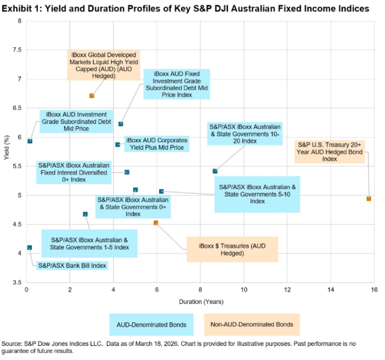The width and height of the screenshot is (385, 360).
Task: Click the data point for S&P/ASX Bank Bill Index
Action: [30, 248]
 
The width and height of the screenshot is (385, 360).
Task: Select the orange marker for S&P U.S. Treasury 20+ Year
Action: [368, 199]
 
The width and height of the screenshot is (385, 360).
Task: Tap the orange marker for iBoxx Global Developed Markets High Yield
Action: [92, 95]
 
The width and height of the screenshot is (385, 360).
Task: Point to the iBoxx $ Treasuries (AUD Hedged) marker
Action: [156, 222]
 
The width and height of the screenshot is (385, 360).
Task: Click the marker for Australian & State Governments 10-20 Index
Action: [215, 171]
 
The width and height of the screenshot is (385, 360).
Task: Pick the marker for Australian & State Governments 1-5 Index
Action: [85, 214]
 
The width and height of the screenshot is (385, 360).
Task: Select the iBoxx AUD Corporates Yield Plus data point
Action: [118, 145]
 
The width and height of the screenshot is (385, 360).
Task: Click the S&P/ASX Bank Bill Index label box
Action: [72, 265]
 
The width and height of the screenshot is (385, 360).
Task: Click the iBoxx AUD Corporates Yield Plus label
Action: [156, 144]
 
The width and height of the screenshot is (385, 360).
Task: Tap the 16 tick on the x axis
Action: [374, 290]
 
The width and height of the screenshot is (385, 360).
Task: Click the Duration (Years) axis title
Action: [201, 302]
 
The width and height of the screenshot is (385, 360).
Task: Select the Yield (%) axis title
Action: [6, 151]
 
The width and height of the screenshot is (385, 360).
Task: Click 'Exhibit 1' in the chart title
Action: [21, 9]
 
